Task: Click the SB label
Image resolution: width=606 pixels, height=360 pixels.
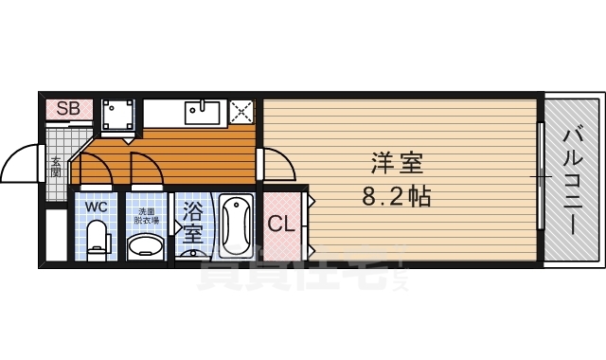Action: pyautogui.click(x=67, y=108)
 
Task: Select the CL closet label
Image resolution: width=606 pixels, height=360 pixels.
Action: pyautogui.click(x=279, y=225)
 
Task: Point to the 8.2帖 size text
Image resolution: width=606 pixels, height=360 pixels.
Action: pyautogui.click(x=396, y=198)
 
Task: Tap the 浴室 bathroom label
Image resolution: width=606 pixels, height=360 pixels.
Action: pyautogui.click(x=192, y=222)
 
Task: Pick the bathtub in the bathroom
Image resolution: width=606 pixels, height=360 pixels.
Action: pyautogui.click(x=235, y=227)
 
